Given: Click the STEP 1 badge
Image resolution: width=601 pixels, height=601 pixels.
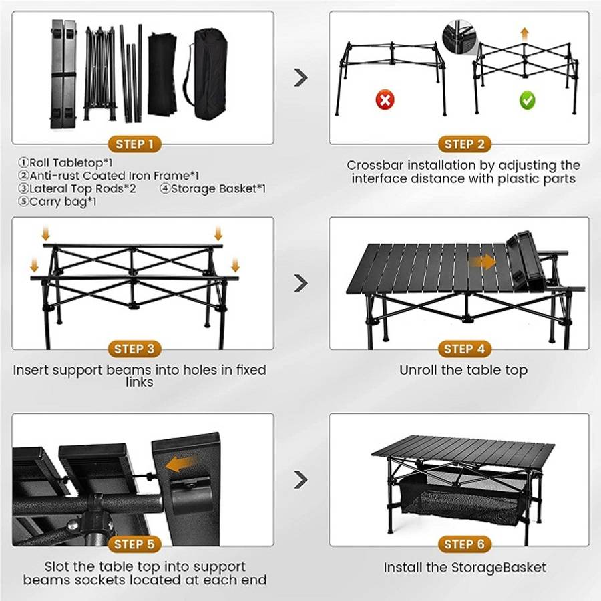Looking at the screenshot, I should click(134, 144).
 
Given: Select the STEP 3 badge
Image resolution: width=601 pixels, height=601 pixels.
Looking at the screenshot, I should click(134, 349).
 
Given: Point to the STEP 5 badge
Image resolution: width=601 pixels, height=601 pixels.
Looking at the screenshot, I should click(134, 545).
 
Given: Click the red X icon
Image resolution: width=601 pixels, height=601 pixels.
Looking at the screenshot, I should click(386, 101).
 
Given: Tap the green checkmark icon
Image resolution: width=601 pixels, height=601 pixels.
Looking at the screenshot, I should click(528, 101).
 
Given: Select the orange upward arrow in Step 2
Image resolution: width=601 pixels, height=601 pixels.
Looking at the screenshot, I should click(525, 34).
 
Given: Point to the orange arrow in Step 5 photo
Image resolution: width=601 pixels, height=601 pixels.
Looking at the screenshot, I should click(182, 464).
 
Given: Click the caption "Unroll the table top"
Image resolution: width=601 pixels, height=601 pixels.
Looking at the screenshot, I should click(463, 370).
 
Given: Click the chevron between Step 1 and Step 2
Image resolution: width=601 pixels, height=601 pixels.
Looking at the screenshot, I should click(301, 78).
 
